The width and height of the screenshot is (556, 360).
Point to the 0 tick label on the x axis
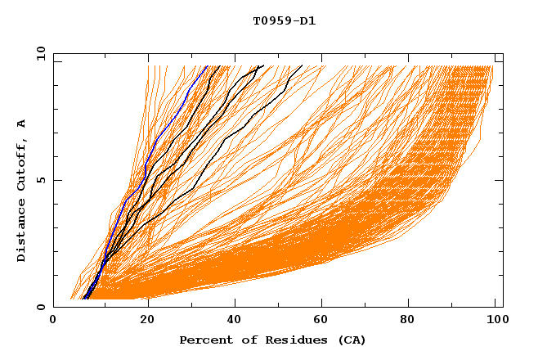coord(53,321)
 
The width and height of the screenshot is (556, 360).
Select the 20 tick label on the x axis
coord(148,321)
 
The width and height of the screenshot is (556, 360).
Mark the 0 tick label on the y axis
coord(40,307)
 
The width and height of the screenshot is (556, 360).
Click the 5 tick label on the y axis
coord(40,180)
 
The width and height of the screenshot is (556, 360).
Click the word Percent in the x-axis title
coord(204,340)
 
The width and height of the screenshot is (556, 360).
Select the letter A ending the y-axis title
coord(22,124)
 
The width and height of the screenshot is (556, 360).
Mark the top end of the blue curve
coord(207,66)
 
